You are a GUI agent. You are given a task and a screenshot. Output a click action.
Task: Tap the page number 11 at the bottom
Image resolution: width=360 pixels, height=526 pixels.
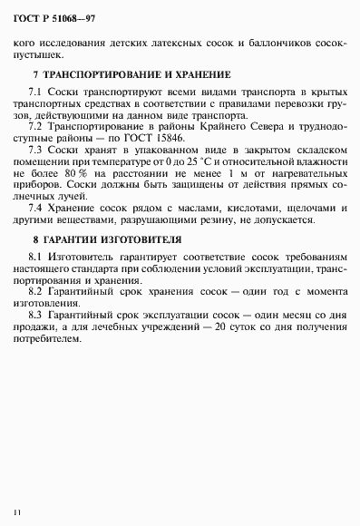[x=16, y=513]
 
